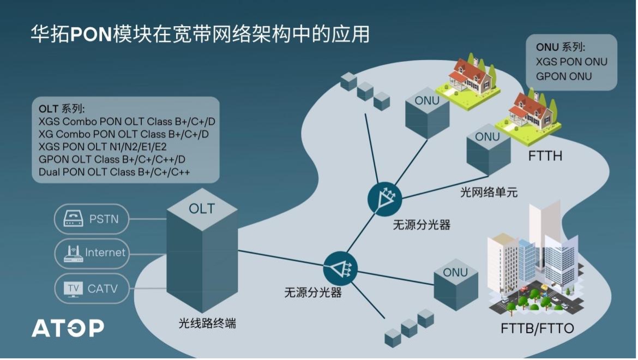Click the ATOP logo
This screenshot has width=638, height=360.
68,328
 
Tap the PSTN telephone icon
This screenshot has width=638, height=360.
73,219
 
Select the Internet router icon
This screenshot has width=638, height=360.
74,254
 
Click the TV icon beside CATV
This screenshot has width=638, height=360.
73,289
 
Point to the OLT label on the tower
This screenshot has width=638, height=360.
201,209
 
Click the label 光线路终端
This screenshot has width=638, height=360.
207,323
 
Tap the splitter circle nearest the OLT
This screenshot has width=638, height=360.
340,268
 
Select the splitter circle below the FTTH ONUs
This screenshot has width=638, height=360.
384,199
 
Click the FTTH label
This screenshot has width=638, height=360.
545,156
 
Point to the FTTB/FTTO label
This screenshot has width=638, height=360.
537,328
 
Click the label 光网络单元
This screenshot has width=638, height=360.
489,192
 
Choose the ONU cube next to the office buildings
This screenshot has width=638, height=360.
456,284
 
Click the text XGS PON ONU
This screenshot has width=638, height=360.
571,62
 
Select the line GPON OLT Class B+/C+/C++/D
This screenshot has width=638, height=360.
112,159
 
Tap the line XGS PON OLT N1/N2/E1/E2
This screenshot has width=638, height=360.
103,147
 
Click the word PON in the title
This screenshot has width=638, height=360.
91,34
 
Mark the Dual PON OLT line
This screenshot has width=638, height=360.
115,172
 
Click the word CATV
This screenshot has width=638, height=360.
103,289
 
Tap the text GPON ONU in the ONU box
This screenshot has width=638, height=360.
563,76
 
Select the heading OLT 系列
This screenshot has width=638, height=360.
62,109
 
